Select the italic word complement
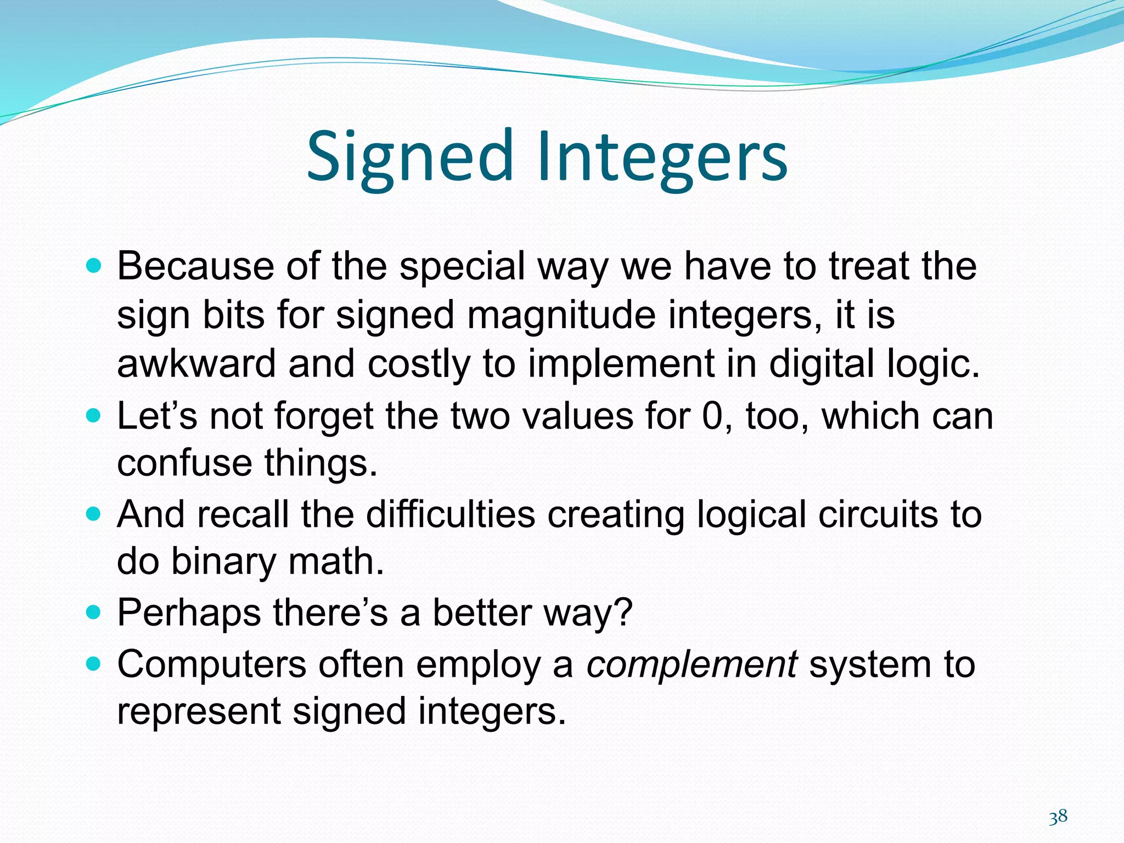(692, 665)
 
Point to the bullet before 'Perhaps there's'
(94, 611)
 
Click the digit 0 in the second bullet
(713, 416)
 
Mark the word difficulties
(450, 514)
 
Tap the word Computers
(211, 665)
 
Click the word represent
(199, 711)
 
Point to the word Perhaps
(189, 612)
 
